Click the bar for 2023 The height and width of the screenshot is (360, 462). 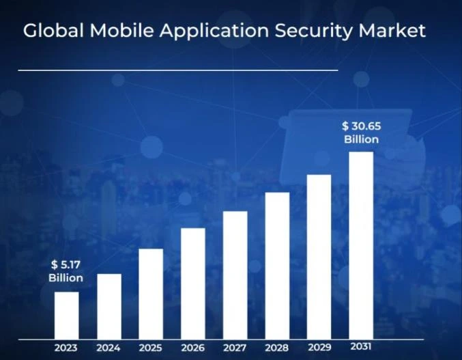click(66, 315)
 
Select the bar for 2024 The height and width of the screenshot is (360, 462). click(109, 306)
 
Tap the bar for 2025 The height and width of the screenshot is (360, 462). click(151, 294)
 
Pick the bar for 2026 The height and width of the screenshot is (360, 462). click(193, 283)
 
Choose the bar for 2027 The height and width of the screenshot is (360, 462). click(235, 275)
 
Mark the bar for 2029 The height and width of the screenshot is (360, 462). click(319, 256)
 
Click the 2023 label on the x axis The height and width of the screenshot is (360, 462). click(66, 348)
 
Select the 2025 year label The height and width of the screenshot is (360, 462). click(151, 348)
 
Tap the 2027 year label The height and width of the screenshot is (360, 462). click(235, 348)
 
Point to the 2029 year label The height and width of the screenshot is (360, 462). click(319, 347)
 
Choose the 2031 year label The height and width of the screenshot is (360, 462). click(361, 346)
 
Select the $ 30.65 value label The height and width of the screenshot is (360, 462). click(361, 126)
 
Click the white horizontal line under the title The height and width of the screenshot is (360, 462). click(177, 70)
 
